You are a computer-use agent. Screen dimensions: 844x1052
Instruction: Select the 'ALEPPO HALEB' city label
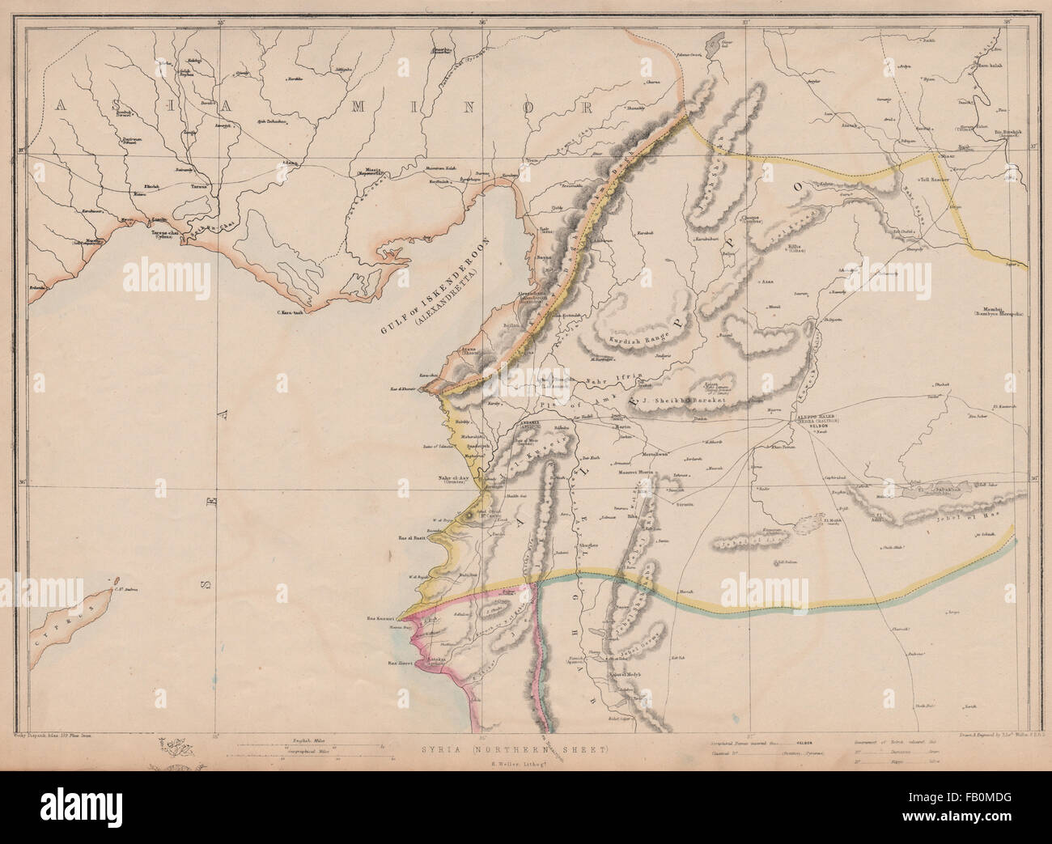coord(812,415)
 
